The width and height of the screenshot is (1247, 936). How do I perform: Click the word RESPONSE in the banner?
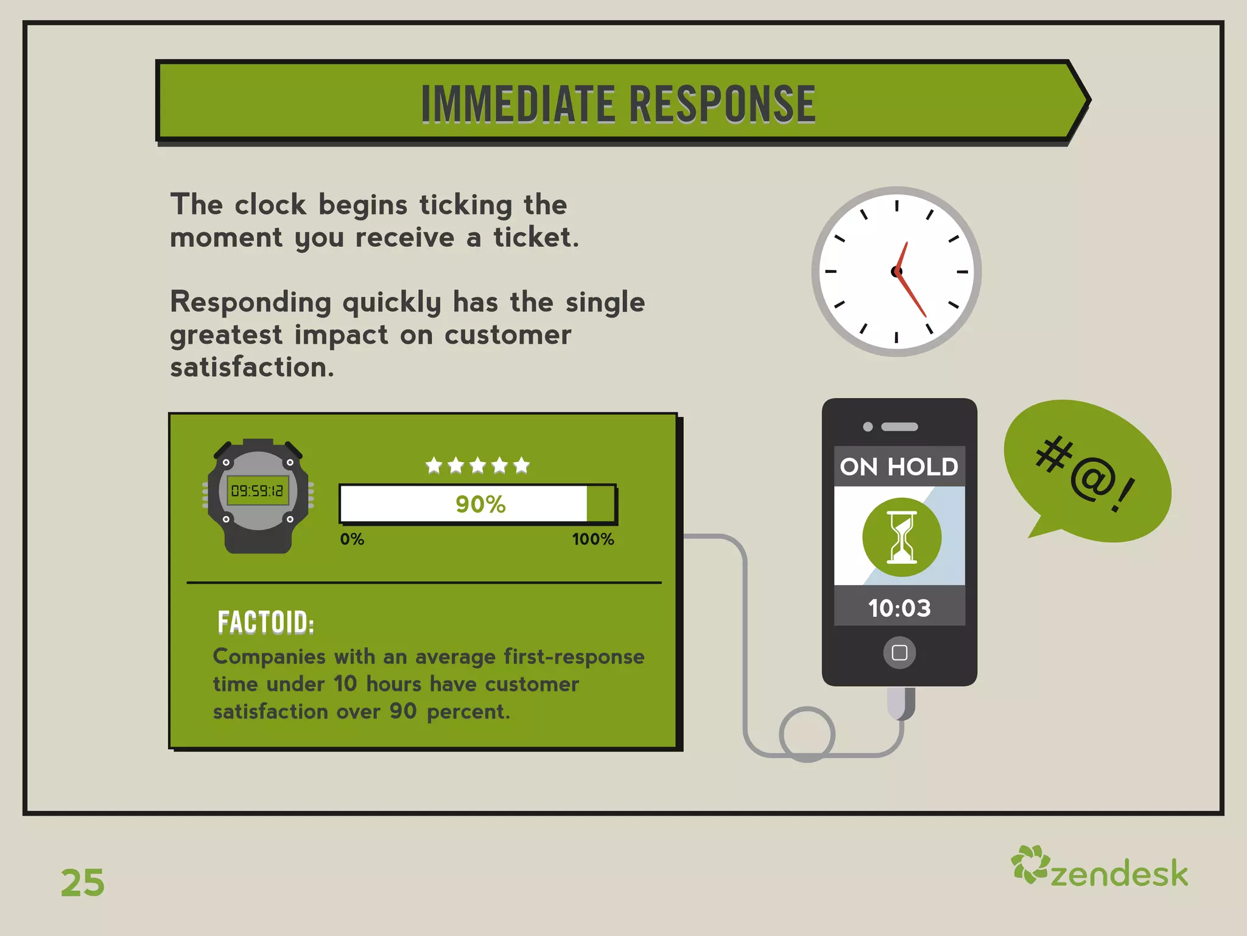coord(722,104)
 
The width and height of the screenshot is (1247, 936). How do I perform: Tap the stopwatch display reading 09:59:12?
coord(258,491)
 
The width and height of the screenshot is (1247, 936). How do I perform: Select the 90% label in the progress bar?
coord(480,505)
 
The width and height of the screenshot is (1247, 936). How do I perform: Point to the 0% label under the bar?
coord(352,539)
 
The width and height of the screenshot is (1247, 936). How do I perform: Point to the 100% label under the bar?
coord(592,539)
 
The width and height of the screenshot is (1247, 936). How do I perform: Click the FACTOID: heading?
coord(266,623)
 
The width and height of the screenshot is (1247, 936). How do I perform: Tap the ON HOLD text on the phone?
coord(899,467)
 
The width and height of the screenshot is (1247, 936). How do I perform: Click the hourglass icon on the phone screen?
coord(902,537)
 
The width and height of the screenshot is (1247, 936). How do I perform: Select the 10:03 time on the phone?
coord(899,608)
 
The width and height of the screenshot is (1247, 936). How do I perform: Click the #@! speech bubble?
coord(1087,473)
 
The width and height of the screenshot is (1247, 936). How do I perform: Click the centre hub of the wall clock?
coord(896,272)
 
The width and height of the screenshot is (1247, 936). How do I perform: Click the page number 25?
coord(83,882)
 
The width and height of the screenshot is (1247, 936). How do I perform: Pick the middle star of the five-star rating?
coord(477,466)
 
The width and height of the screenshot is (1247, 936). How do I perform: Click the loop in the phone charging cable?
coord(807,734)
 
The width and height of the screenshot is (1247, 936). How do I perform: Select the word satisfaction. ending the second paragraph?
coord(252,367)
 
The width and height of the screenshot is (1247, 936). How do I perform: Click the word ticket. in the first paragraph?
coord(536,237)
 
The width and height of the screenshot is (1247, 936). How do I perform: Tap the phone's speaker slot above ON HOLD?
coord(899,427)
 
